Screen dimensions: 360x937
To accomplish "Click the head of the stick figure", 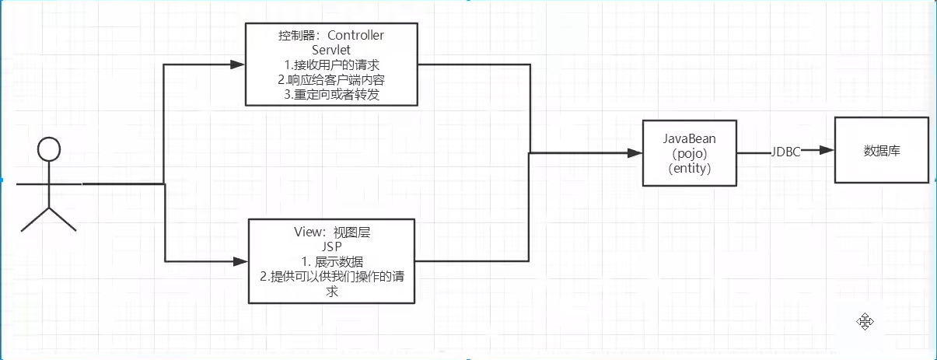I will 49,149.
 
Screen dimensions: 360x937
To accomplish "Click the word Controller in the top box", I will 356,36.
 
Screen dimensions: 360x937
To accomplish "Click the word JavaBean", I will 690,138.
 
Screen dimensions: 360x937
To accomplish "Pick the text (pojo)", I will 690,153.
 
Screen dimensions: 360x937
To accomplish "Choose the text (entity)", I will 690,168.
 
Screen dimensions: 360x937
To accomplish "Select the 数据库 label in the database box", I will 882,151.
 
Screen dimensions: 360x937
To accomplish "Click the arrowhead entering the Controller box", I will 239,63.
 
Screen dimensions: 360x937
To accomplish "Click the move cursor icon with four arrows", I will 865,321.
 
